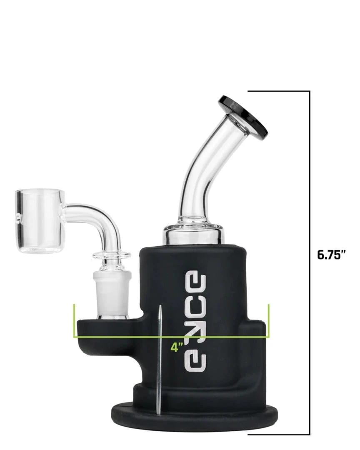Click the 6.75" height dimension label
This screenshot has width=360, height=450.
(331, 255)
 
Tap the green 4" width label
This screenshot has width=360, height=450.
(177, 347)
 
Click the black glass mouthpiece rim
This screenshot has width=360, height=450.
(243, 116)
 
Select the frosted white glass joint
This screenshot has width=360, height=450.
(112, 294)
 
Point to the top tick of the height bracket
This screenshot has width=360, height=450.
(279, 91)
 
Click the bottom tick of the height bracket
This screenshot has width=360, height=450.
(279, 434)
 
